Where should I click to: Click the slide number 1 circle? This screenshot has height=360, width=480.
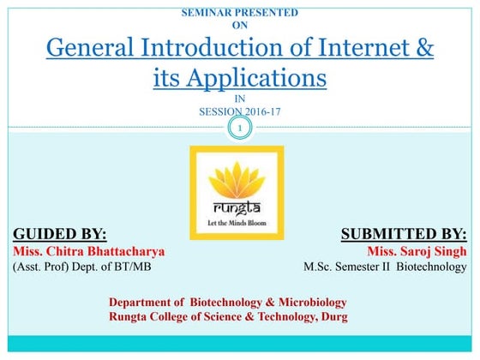point(241,129)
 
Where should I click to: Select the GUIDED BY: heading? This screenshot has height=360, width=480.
point(60,234)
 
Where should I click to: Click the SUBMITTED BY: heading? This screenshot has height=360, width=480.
point(404,234)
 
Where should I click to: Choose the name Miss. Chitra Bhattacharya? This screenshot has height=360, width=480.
point(88,252)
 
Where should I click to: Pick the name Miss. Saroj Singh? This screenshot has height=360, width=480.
point(417,252)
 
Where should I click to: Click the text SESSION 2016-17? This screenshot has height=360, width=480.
point(239,111)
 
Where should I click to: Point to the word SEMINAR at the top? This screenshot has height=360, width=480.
point(210,13)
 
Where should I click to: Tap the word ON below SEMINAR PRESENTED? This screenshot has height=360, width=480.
point(240,25)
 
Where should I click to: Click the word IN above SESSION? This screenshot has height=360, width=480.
point(239,99)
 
